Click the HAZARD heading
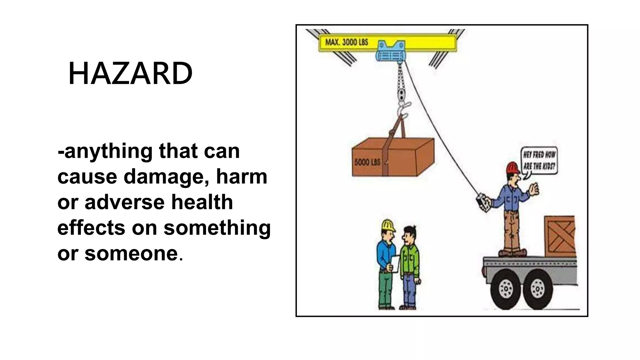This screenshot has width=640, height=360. click(x=130, y=74)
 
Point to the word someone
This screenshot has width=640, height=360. click(x=131, y=253)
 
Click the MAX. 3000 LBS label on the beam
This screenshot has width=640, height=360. click(x=347, y=42)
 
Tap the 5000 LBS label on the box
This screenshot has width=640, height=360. click(x=367, y=162)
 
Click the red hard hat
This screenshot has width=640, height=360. click(x=512, y=168)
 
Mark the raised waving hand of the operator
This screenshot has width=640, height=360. click(x=535, y=189)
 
